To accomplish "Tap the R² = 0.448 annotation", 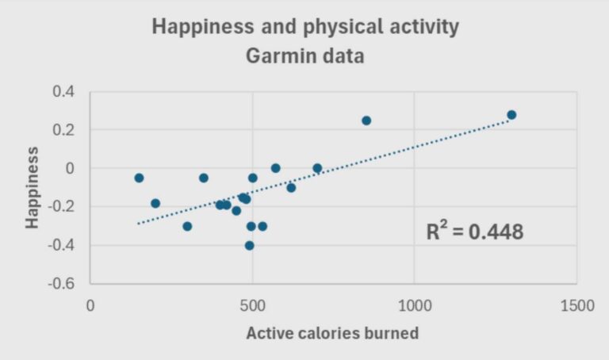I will point(475,232).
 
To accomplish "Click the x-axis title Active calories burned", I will point(332,333).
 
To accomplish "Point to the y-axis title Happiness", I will point(33,187).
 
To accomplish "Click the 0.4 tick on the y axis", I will point(63,92).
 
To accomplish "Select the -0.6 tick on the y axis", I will point(61,284).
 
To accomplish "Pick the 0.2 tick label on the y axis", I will point(63,130).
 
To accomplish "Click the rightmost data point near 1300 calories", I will point(511,115).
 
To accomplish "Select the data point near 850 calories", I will point(366,121).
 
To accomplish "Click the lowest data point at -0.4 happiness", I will point(249,246).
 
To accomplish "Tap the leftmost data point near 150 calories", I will point(139,178).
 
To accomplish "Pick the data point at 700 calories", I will point(317,168).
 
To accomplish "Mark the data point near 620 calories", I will point(291,188).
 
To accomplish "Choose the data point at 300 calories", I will point(187,226).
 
